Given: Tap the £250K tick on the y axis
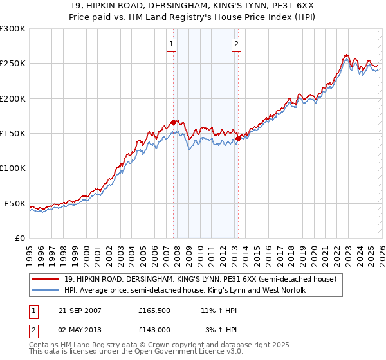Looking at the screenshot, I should point(13,64).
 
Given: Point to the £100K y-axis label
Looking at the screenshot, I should point(13,168).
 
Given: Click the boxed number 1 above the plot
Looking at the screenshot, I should point(172,44).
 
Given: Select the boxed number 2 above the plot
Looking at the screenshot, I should point(237,44).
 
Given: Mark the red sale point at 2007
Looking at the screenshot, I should point(174,122).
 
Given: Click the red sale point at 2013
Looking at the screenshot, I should point(237,138).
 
